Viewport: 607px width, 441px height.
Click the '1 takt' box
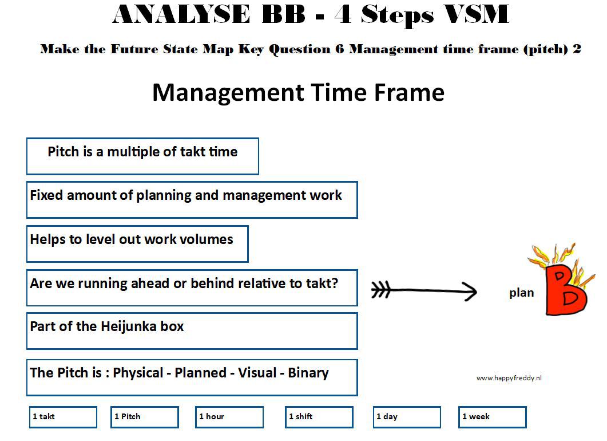tap(63, 417)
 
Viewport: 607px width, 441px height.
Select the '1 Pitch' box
tap(145, 417)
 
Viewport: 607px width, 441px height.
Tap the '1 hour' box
tap(229, 417)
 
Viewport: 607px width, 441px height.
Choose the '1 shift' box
tap(319, 417)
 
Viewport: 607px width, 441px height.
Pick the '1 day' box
tap(407, 417)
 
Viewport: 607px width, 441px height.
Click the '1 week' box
tap(493, 417)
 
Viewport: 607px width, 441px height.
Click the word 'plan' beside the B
tap(521, 293)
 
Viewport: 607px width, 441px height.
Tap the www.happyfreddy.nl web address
tap(509, 378)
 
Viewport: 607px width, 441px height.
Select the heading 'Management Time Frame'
tap(298, 92)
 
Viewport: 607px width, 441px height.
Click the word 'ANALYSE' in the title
tap(181, 14)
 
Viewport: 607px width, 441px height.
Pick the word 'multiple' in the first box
tap(133, 152)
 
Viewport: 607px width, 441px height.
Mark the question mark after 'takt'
tap(335, 283)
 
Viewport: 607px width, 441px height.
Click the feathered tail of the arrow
tap(381, 290)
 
